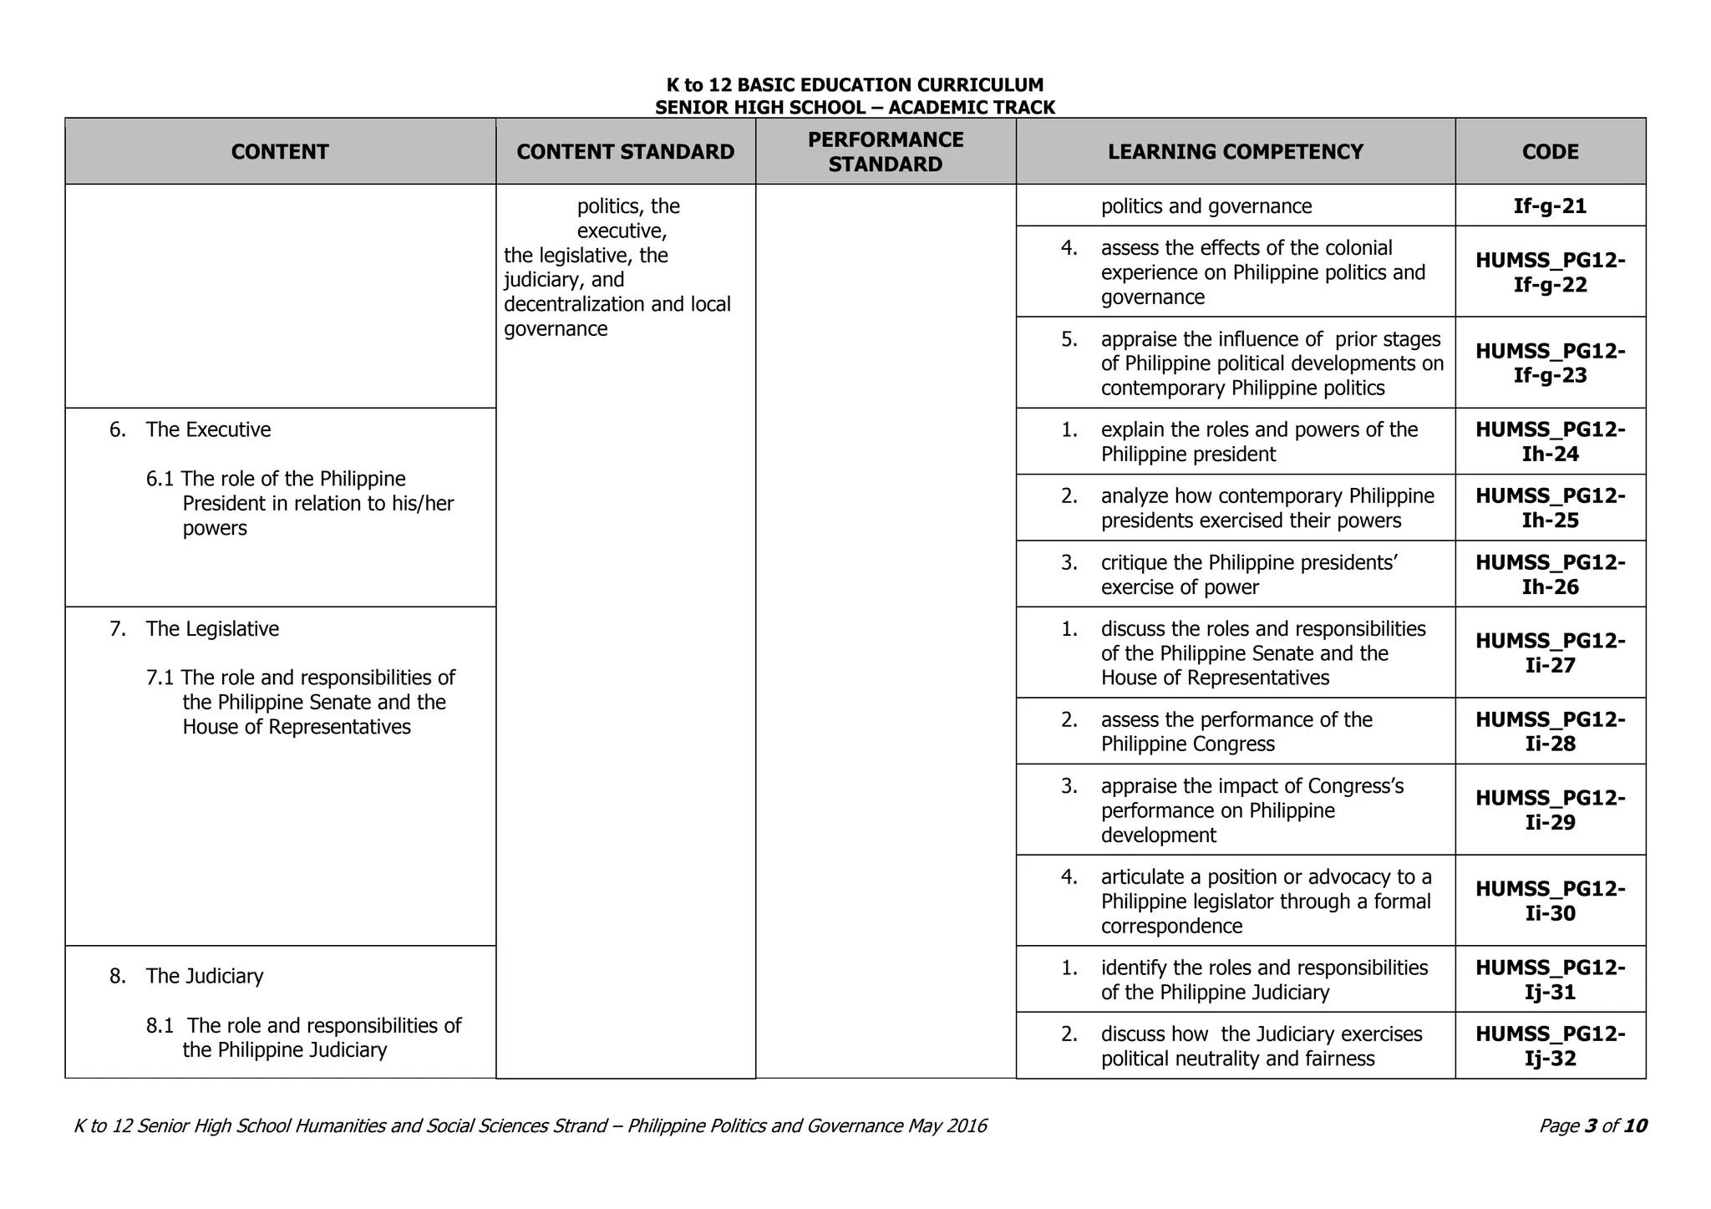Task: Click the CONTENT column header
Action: click(280, 151)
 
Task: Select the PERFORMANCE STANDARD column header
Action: click(885, 151)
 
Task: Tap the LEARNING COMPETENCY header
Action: click(1235, 151)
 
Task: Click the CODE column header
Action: click(1550, 151)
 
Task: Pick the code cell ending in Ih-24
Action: click(1550, 441)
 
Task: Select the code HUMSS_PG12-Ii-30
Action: click(1550, 900)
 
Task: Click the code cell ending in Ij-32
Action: click(1550, 1046)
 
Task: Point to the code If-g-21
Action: click(1550, 206)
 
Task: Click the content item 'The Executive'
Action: click(208, 429)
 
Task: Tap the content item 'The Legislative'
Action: click(212, 628)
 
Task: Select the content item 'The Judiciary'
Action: click(204, 976)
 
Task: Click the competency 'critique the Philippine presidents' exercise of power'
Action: click(1249, 574)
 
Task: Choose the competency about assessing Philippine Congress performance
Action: click(1236, 731)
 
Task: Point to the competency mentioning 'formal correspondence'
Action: click(1266, 901)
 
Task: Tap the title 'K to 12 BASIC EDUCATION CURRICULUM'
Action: click(855, 85)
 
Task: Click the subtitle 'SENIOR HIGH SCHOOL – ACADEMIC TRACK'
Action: click(855, 107)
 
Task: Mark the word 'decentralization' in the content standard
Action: click(574, 304)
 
